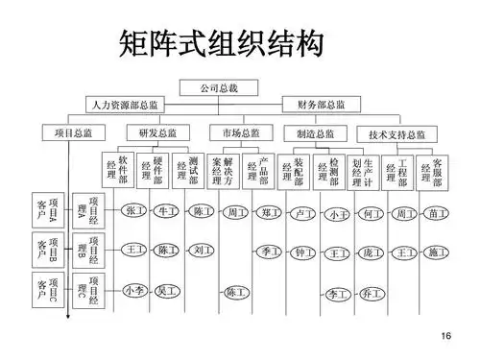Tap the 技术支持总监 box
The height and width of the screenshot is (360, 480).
click(396, 134)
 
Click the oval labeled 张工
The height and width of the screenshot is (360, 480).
click(133, 210)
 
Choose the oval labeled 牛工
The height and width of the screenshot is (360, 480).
click(167, 210)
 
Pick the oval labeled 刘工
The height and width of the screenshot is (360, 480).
click(200, 251)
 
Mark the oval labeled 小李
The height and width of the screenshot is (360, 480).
click(134, 289)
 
